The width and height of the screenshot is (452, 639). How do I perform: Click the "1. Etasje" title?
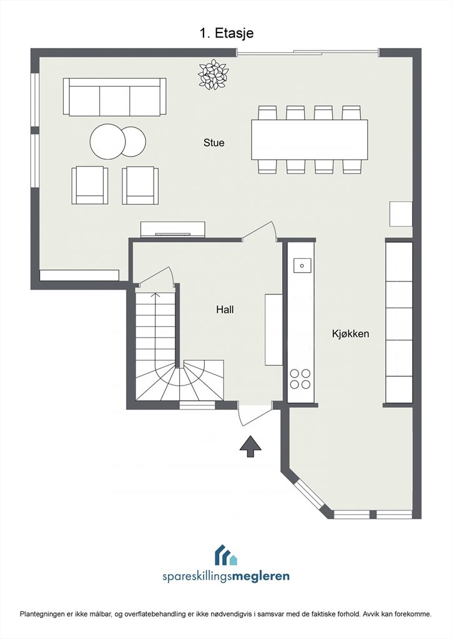pos(226,32)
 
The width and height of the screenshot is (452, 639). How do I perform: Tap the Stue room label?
pos(214,143)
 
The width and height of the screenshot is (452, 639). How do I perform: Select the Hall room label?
pos(225,310)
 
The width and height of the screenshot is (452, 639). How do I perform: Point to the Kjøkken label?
pos(350,334)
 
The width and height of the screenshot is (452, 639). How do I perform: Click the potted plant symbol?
pos(213,74)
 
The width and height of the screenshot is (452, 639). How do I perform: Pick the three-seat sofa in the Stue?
pos(114,97)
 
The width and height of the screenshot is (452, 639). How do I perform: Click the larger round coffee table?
pos(108,142)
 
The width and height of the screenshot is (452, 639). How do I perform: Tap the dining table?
pos(310,139)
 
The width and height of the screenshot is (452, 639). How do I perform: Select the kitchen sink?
pos(302,265)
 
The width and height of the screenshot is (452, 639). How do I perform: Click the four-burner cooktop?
pos(300,379)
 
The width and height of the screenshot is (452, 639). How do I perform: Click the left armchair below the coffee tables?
pos(90,185)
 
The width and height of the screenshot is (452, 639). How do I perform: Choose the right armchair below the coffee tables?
pos(140,185)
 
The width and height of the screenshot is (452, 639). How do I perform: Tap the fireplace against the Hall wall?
pos(172,229)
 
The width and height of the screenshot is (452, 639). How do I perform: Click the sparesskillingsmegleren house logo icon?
pos(226,555)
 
